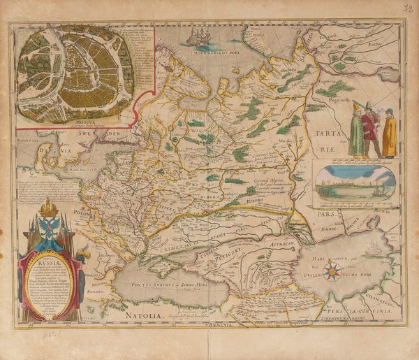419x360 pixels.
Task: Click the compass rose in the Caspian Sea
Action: click(x=333, y=271)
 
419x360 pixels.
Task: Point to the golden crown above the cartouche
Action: click(x=48, y=208)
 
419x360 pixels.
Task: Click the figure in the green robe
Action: click(x=356, y=131)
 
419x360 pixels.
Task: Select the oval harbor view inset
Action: click(x=355, y=182)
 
